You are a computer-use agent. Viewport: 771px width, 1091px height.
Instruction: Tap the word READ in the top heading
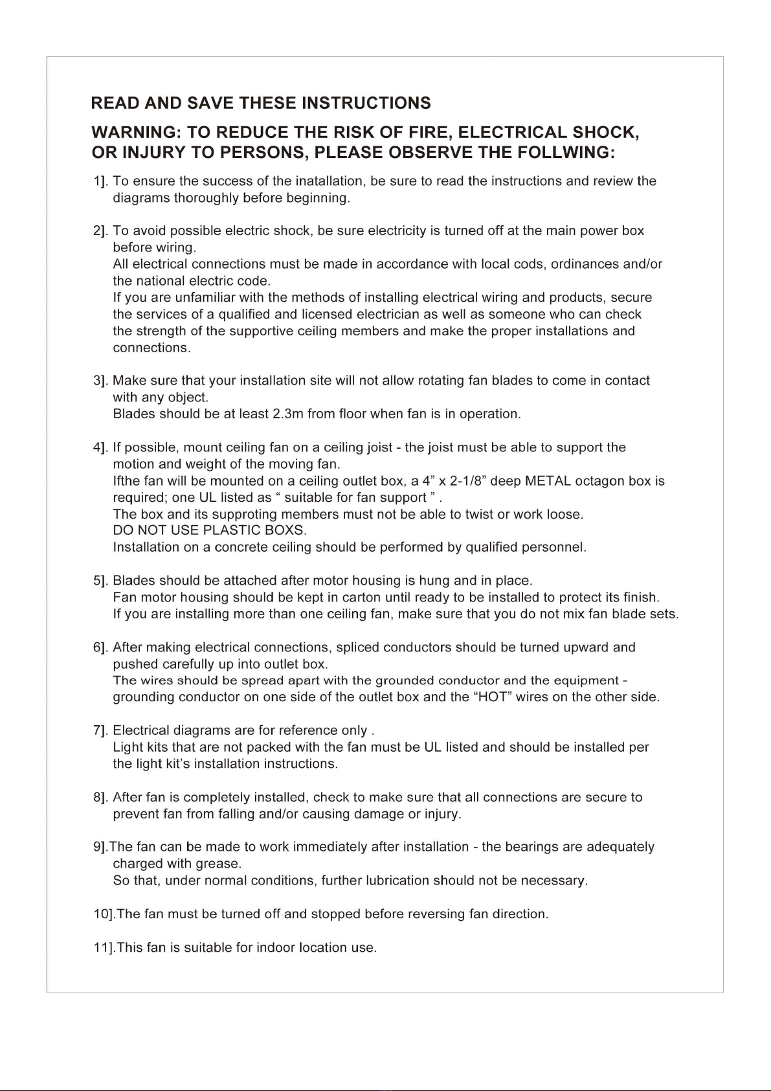pos(115,103)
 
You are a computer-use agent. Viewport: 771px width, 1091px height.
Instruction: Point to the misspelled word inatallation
pos(329,181)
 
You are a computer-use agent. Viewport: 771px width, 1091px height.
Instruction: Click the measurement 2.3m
pos(285,414)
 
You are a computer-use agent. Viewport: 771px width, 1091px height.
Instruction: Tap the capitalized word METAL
pos(547,481)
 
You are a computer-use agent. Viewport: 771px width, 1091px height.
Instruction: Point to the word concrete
pos(241,547)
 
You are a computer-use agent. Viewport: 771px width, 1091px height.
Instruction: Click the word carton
pos(361,597)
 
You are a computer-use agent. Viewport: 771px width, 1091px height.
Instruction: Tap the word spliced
pos(357,647)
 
